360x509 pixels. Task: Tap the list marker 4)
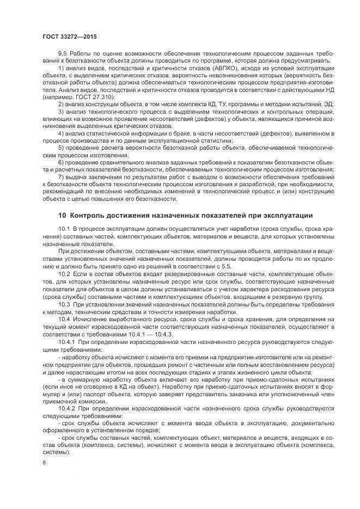click(60, 133)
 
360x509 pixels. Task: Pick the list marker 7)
click(60, 177)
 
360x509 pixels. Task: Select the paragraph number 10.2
click(64, 275)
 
